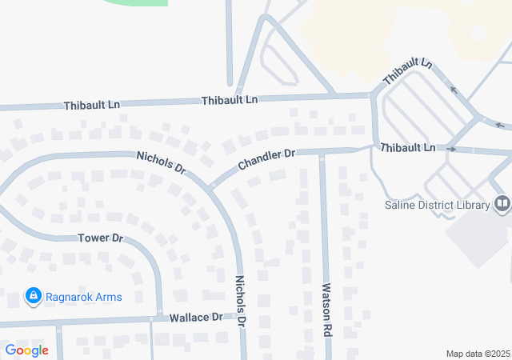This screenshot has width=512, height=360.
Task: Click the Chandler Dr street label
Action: coord(266,158)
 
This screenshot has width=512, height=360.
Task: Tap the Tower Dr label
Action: coord(100,238)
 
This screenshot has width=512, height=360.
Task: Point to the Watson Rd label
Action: coord(326,309)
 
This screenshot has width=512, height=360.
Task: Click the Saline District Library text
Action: coord(437,206)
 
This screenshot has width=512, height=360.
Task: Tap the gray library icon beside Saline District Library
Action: coord(502,205)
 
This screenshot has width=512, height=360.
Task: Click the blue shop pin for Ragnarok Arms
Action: coord(33,297)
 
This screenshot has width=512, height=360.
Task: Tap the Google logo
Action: coord(26,350)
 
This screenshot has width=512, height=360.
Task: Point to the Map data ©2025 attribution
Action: coord(478,354)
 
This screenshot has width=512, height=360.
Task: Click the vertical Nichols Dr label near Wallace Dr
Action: coord(240,300)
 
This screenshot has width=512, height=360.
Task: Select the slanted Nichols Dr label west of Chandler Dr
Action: coord(161,162)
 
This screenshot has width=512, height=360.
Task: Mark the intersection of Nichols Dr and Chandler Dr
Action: coord(210,188)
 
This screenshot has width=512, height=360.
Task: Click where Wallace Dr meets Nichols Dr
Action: coord(240,318)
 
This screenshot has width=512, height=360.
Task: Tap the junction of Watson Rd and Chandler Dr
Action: coord(322,151)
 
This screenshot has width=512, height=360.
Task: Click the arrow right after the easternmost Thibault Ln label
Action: coord(451,149)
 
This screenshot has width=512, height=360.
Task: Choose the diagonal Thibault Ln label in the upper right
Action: coord(407,74)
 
